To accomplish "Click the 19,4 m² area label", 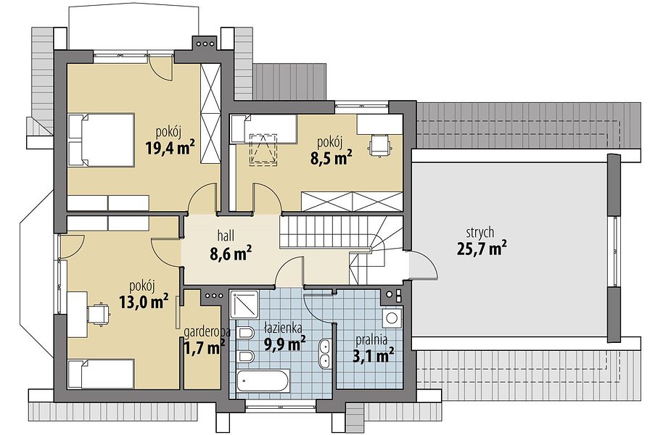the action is coord(170,148).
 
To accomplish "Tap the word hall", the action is coord(226,234).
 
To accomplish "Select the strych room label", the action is coord(480,233).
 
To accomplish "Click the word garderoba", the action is coord(207,332).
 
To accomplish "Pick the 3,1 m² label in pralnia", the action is coord(373,355).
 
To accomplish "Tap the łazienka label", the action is coord(284,328).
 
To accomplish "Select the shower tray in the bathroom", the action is coord(244,304).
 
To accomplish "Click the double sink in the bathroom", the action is coord(325,354).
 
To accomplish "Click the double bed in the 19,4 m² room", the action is coord(101,139).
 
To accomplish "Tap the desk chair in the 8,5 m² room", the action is coord(379,144).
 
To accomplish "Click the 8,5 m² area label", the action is coord(332,158).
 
